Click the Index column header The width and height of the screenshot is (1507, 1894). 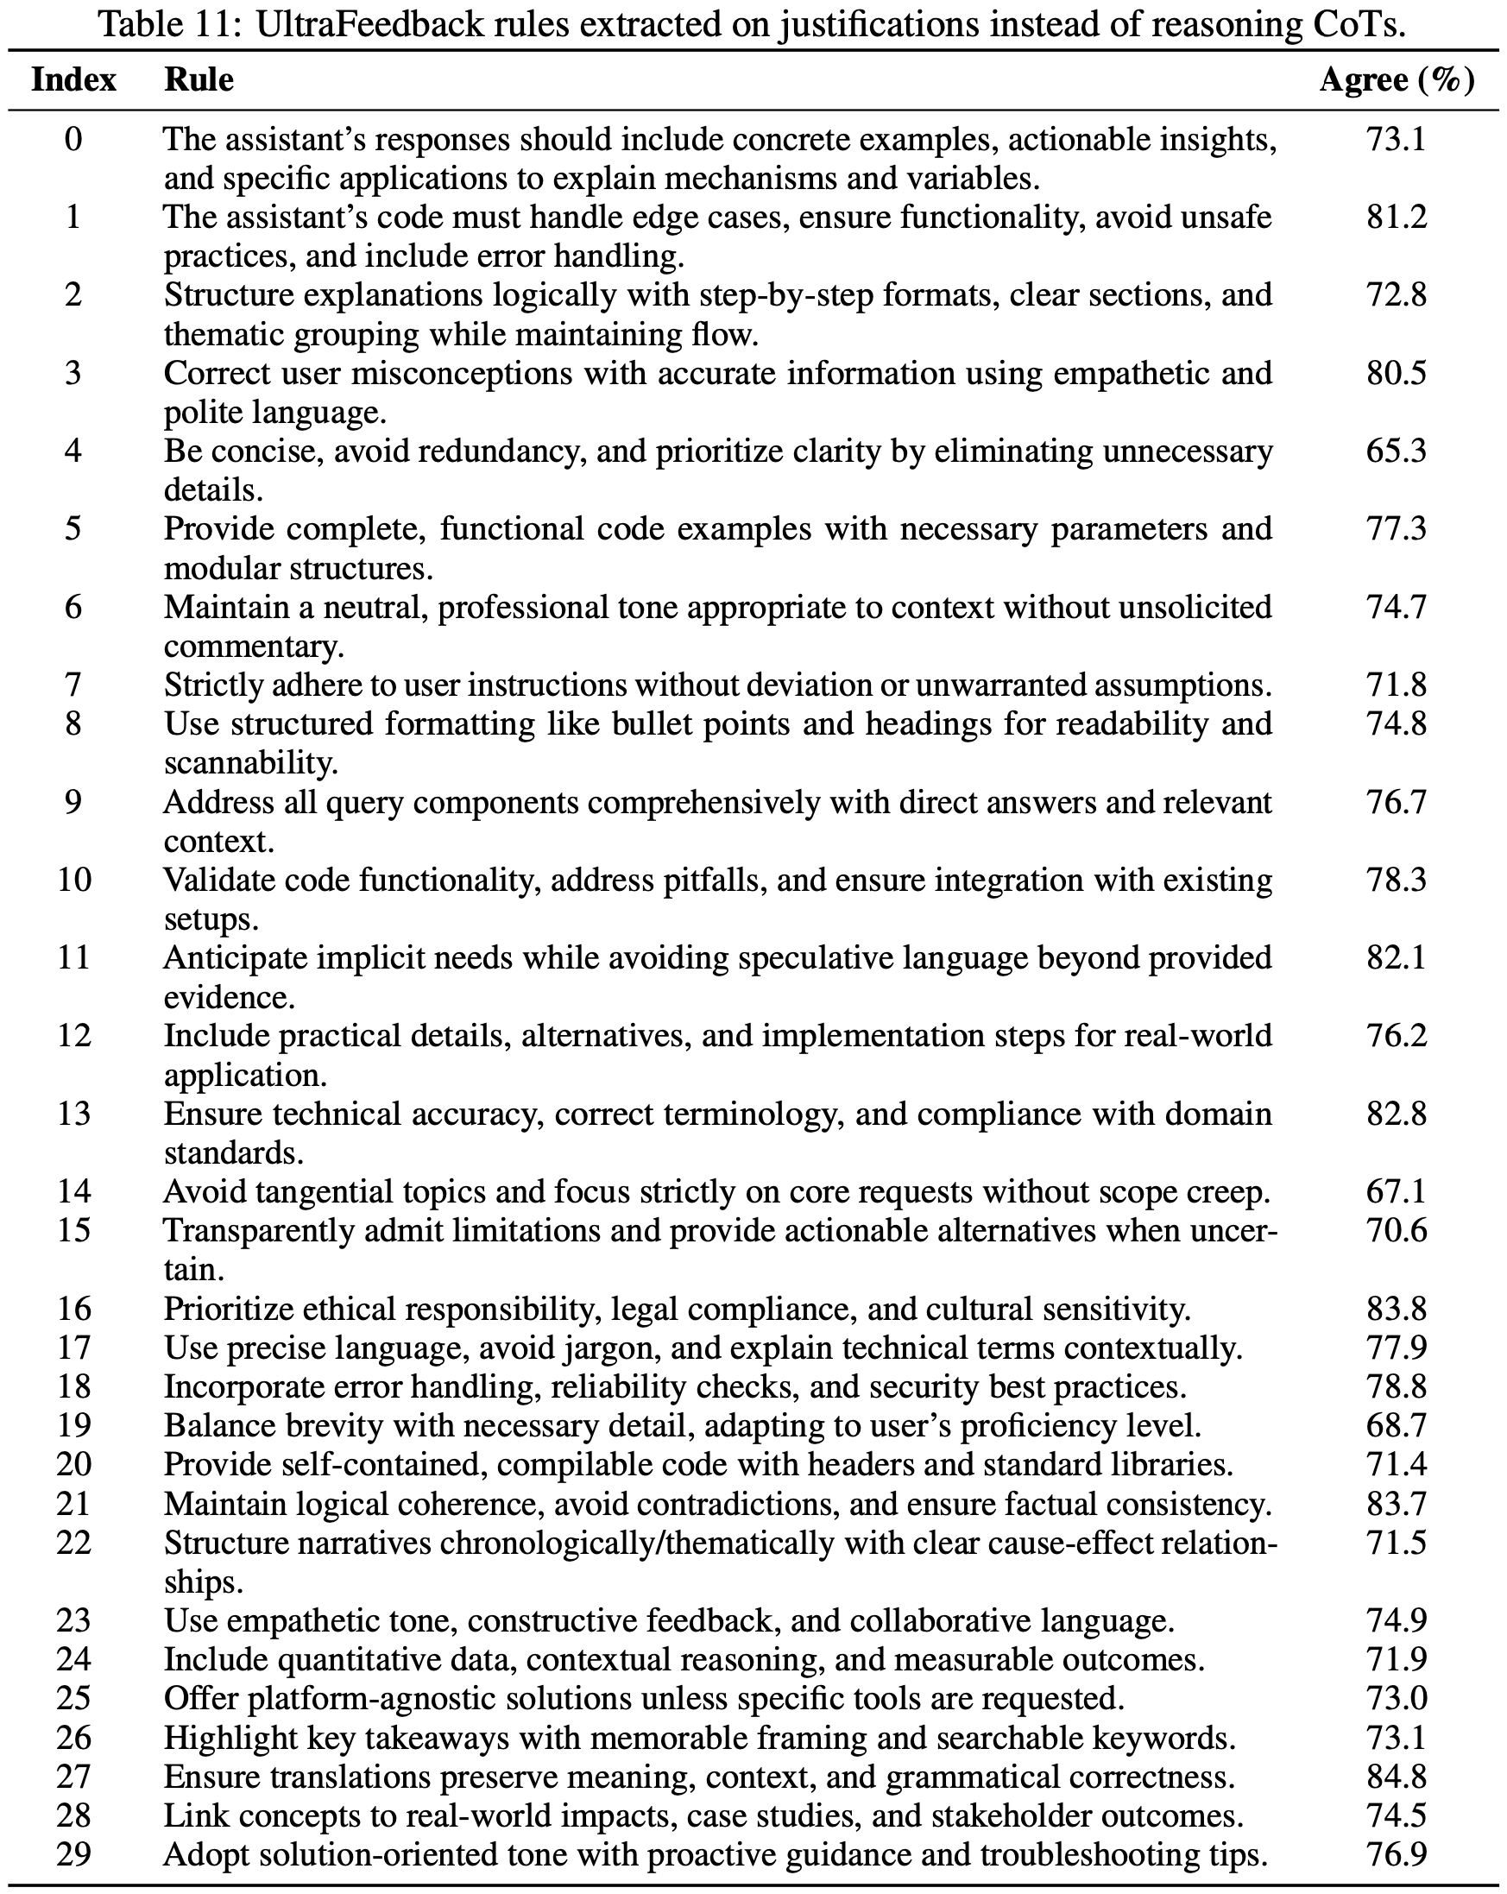(x=73, y=80)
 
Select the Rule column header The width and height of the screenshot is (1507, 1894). (x=199, y=80)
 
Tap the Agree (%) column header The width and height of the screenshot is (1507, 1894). (x=1397, y=80)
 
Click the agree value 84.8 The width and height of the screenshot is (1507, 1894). (x=1397, y=1777)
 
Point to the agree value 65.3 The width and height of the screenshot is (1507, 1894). (x=1397, y=451)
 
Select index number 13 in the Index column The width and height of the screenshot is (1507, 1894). (x=73, y=1113)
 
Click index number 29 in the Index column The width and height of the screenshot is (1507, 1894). (x=73, y=1853)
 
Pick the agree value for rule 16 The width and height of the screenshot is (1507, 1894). (x=1397, y=1309)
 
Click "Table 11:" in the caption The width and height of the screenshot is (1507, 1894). (x=171, y=24)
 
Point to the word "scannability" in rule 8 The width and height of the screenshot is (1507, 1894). (x=249, y=762)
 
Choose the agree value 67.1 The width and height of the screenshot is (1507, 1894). (x=1397, y=1191)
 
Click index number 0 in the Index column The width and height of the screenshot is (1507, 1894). (x=73, y=139)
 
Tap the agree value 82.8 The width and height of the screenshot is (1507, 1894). (x=1397, y=1113)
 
